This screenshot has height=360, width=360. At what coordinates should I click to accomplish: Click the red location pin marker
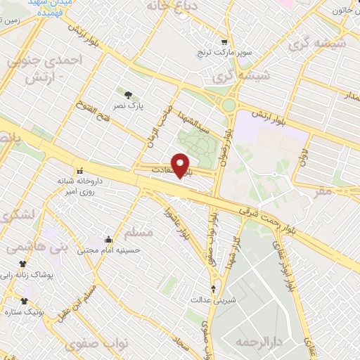(181, 166)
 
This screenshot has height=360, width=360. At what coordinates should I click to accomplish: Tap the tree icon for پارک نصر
(127, 94)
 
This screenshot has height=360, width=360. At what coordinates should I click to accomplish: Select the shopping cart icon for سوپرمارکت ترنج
(224, 41)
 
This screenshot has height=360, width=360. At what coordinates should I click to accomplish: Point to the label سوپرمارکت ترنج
(224, 53)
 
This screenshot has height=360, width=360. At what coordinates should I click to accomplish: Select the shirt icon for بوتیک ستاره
(24, 300)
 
